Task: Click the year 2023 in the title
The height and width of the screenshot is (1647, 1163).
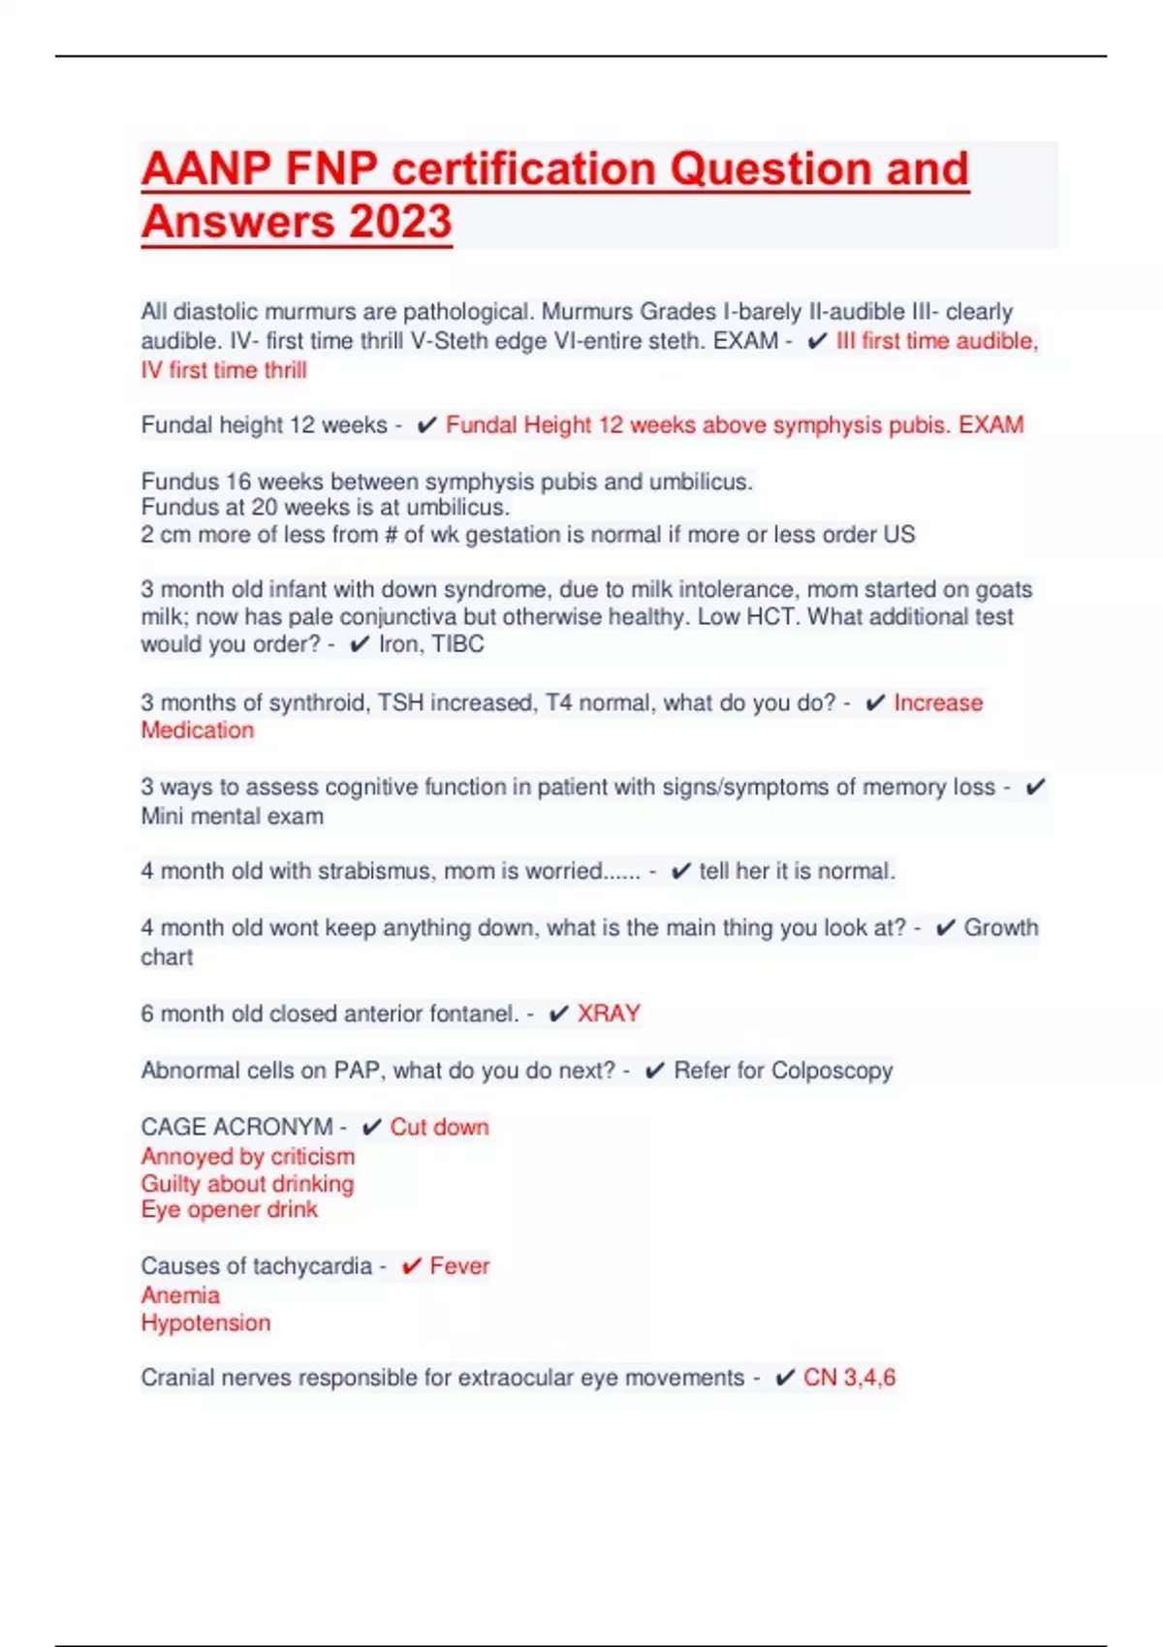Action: coord(400,221)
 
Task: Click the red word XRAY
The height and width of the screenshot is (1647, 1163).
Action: coord(609,1013)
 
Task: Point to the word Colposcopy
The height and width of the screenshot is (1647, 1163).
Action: coord(832,1071)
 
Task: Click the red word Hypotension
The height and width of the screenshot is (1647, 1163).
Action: coord(205,1322)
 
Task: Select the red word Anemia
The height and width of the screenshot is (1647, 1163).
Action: coord(180,1295)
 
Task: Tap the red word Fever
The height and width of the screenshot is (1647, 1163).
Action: coord(459,1266)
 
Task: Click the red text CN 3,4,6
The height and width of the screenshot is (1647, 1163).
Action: coord(849,1378)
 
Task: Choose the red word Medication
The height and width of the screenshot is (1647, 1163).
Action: coord(198,730)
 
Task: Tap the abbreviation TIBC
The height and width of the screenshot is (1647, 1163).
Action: coord(458,644)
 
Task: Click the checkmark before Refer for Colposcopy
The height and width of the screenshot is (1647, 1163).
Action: coord(655,1071)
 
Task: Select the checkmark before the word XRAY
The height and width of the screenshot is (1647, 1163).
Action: coord(558,1014)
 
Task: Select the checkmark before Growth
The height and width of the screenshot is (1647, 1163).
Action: coord(945,928)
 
